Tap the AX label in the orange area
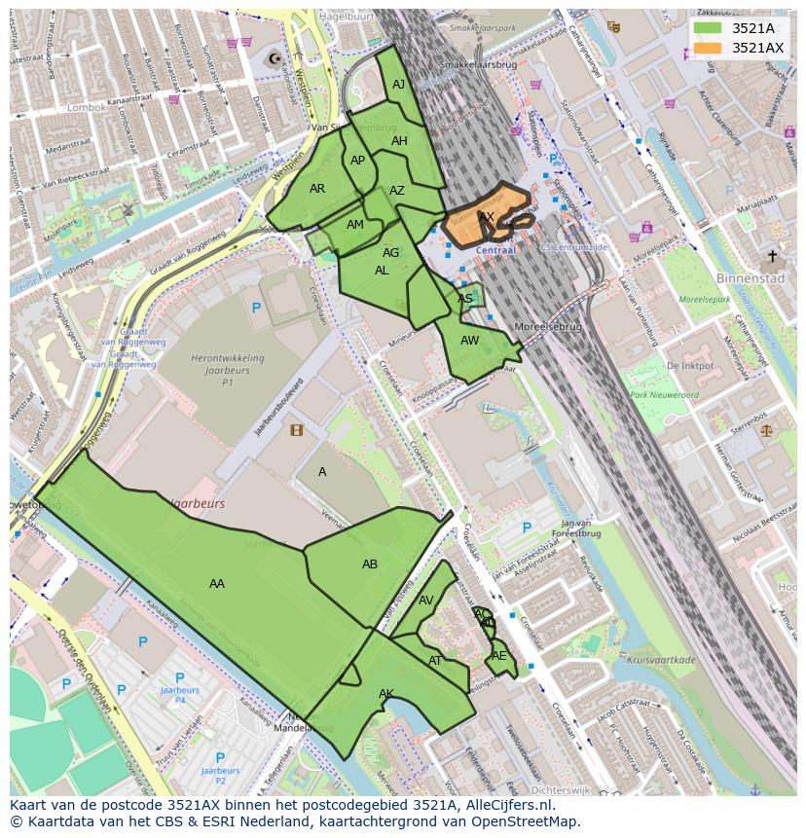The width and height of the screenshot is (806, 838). pyautogui.click(x=487, y=216)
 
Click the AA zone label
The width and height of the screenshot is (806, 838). pyautogui.click(x=217, y=584)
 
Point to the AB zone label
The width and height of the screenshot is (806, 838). pyautogui.click(x=370, y=565)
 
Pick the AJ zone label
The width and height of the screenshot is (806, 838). pyautogui.click(x=398, y=85)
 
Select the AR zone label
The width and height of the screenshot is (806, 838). pyautogui.click(x=317, y=189)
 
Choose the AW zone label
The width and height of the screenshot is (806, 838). pyautogui.click(x=470, y=341)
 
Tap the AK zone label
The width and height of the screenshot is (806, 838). pyautogui.click(x=386, y=694)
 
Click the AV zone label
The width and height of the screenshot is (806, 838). pyautogui.click(x=425, y=601)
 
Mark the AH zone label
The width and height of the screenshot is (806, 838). pyautogui.click(x=399, y=141)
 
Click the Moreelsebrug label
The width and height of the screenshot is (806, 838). pyautogui.click(x=548, y=327)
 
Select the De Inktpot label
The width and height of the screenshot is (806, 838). pyautogui.click(x=690, y=366)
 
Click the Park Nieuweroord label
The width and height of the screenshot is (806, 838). pyautogui.click(x=664, y=395)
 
